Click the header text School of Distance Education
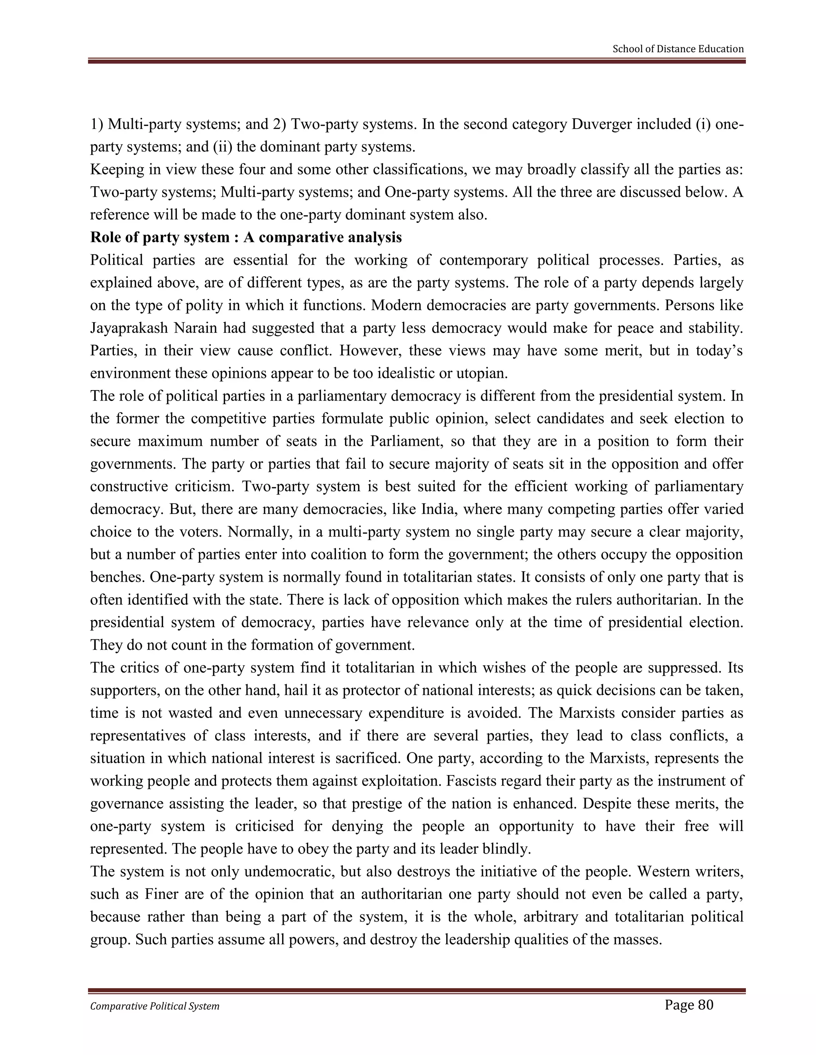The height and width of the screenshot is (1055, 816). [x=678, y=49]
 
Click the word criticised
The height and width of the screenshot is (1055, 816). [x=265, y=826]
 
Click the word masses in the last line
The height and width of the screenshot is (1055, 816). [x=637, y=940]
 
